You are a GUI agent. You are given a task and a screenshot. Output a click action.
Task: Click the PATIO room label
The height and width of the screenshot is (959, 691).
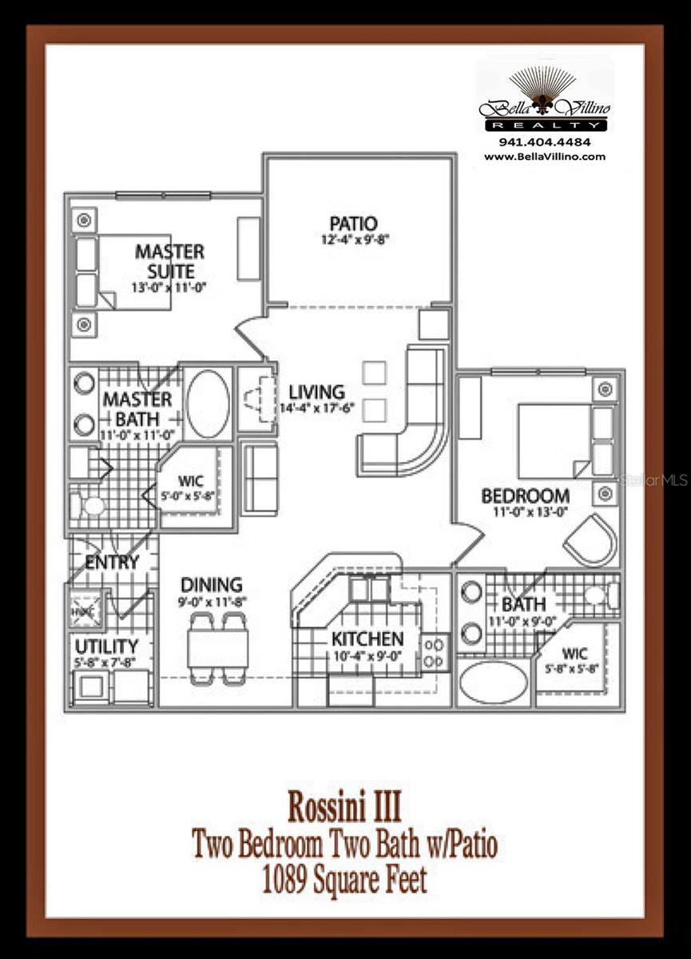click(x=352, y=223)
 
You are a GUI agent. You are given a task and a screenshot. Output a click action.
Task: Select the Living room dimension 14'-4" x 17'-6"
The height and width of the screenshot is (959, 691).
click(x=316, y=408)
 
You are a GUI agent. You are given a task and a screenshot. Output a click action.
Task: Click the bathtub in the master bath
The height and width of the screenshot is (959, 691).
click(x=208, y=404)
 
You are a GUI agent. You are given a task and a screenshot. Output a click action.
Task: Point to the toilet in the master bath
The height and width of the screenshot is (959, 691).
click(x=90, y=506)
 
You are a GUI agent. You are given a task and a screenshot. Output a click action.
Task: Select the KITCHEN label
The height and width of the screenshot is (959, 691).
click(x=368, y=639)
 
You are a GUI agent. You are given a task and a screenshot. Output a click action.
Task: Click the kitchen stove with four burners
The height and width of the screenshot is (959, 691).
click(x=436, y=651)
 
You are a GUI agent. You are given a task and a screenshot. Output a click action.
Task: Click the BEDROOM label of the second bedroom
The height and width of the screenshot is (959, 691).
click(x=525, y=495)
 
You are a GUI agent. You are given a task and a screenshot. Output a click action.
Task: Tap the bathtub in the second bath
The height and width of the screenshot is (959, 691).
click(x=494, y=682)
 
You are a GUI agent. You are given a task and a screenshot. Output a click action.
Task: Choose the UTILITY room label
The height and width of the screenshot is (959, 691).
click(x=106, y=645)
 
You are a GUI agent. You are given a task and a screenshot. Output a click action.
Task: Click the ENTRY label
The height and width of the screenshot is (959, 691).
click(x=112, y=562)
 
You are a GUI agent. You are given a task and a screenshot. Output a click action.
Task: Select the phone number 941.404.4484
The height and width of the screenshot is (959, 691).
click(x=545, y=142)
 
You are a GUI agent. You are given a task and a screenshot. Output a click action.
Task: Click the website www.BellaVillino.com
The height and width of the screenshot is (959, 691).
click(x=545, y=157)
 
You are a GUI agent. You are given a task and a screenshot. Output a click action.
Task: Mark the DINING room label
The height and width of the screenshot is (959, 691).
click(x=211, y=585)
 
